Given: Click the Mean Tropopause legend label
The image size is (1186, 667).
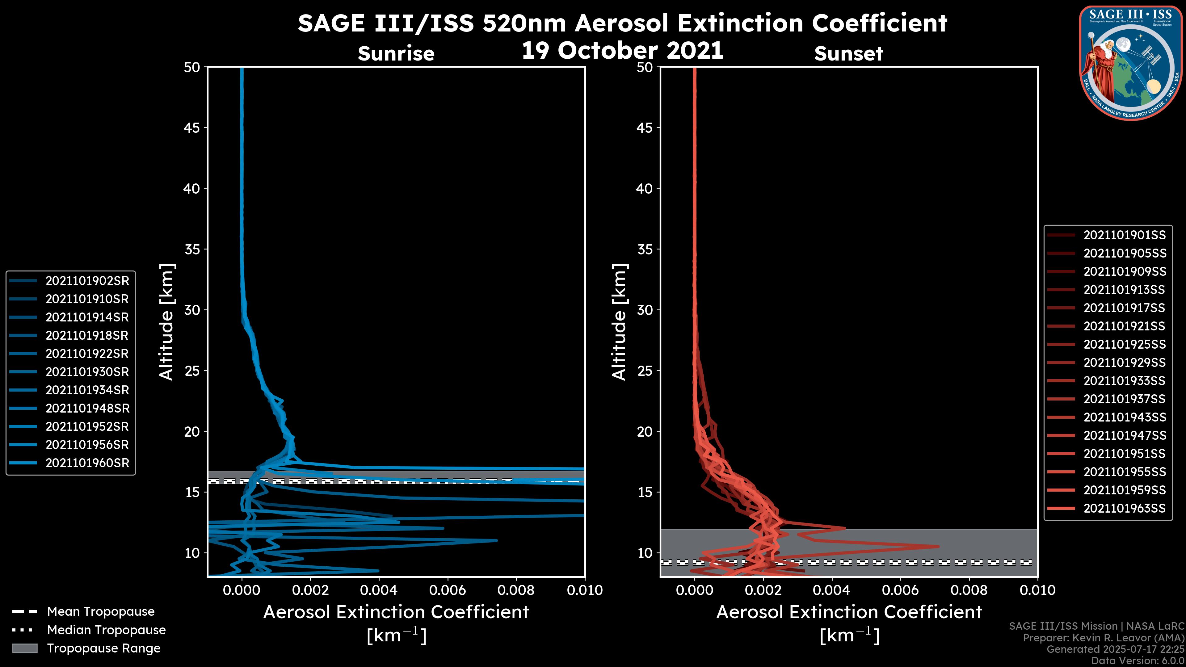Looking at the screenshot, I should [x=101, y=611].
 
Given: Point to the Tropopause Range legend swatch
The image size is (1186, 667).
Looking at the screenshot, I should [x=24, y=648].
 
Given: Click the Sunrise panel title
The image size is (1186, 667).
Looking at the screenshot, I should [x=396, y=54].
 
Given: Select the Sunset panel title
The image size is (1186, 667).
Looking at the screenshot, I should [x=848, y=54].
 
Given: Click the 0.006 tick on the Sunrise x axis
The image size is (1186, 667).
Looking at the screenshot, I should [x=447, y=590].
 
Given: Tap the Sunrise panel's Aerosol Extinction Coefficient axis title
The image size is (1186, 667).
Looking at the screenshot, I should [x=396, y=612].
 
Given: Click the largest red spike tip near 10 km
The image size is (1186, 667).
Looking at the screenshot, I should [x=938, y=546].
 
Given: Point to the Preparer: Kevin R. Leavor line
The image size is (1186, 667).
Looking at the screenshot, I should [x=1103, y=638].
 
